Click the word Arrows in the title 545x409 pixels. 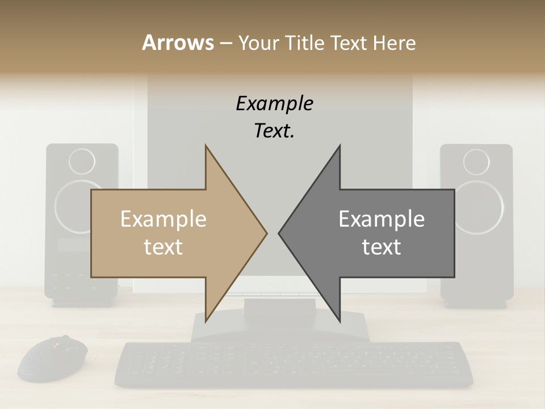(x=178, y=43)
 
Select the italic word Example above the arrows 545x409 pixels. (x=274, y=103)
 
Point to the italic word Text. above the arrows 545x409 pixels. (x=274, y=131)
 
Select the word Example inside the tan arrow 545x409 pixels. (x=163, y=219)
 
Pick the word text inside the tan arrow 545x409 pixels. (x=163, y=247)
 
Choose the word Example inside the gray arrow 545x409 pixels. (x=381, y=219)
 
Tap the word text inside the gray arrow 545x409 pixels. (x=381, y=247)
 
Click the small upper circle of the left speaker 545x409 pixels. (x=82, y=162)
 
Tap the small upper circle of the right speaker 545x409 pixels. (x=476, y=162)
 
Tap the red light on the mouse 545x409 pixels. (x=56, y=345)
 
